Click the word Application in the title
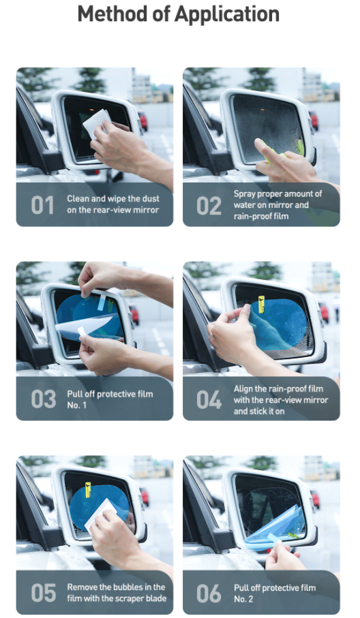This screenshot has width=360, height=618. tap(227, 14)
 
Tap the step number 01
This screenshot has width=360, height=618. tap(42, 205)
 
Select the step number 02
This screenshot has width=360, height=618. tap(209, 206)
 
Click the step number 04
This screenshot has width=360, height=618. tap(209, 400)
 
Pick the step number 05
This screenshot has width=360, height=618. tap(44, 593)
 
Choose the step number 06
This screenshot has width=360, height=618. tap(209, 593)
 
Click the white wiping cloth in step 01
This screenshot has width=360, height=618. tap(97, 123)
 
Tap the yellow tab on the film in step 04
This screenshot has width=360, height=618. tap(261, 304)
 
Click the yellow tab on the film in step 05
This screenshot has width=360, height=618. tap(88, 489)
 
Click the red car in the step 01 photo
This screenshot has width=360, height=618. tap(143, 121)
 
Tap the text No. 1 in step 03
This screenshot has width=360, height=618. tap(76, 405)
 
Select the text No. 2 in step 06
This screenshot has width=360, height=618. tap(243, 599)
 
